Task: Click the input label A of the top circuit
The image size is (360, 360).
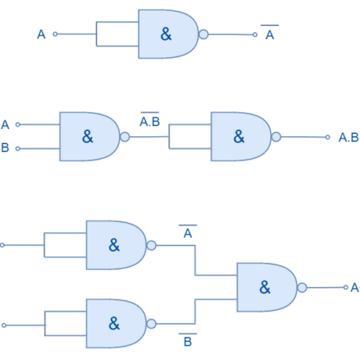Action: [x=41, y=34]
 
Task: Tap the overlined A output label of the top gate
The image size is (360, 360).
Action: [x=269, y=34]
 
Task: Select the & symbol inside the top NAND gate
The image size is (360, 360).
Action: [x=166, y=34]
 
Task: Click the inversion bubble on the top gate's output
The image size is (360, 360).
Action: [x=203, y=34]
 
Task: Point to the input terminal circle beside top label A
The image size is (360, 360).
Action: [x=55, y=34]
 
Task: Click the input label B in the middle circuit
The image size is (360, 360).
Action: [x=5, y=148]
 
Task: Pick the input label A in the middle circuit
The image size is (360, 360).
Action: [x=5, y=124]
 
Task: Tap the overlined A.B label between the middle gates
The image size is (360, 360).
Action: [x=149, y=121]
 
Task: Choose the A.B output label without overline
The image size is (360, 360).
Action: [x=348, y=138]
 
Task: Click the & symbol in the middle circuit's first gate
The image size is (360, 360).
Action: [x=87, y=136]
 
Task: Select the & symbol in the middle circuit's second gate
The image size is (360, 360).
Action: [x=239, y=136]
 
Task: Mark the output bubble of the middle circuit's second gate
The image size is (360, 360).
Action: [x=276, y=136]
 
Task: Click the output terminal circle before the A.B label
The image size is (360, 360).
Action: [x=328, y=137]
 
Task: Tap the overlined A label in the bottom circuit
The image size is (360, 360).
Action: [x=188, y=232]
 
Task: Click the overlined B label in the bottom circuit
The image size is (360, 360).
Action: [x=188, y=341]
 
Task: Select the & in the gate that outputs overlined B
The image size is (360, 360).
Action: [x=114, y=323]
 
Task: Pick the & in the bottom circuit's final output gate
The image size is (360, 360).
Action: [x=265, y=287]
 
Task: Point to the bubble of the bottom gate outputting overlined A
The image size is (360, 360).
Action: [x=152, y=245]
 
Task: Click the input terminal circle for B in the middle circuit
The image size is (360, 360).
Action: [x=18, y=148]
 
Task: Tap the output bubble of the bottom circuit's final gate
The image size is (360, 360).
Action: [x=302, y=287]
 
